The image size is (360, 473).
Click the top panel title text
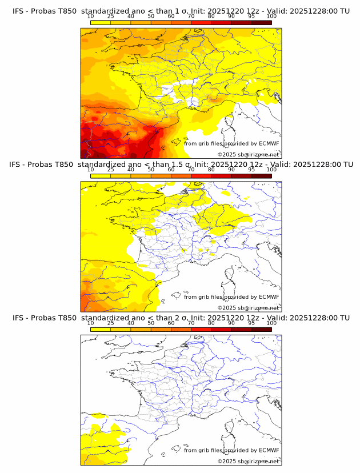click(x=181, y=11)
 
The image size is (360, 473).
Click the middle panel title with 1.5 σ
click(x=181, y=165)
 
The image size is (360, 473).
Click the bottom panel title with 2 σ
click(x=181, y=318)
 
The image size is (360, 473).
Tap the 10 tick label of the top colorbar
click(x=91, y=17)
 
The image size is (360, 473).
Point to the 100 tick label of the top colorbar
click(x=271, y=17)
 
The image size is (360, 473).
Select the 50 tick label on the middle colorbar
click(x=151, y=170)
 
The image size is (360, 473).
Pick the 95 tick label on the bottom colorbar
click(x=251, y=323)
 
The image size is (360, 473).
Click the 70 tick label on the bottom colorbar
click(x=191, y=323)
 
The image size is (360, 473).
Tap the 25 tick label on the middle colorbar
click(x=111, y=170)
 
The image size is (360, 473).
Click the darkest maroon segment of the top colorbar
click(x=262, y=22)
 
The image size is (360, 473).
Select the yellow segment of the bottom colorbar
click(x=101, y=329)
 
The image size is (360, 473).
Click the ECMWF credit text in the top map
click(x=231, y=143)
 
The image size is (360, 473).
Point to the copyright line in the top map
click(x=248, y=154)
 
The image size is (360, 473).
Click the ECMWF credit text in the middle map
click(x=231, y=296)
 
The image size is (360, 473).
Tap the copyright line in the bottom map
click(x=248, y=461)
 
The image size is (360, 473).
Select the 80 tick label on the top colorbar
click(x=211, y=17)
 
